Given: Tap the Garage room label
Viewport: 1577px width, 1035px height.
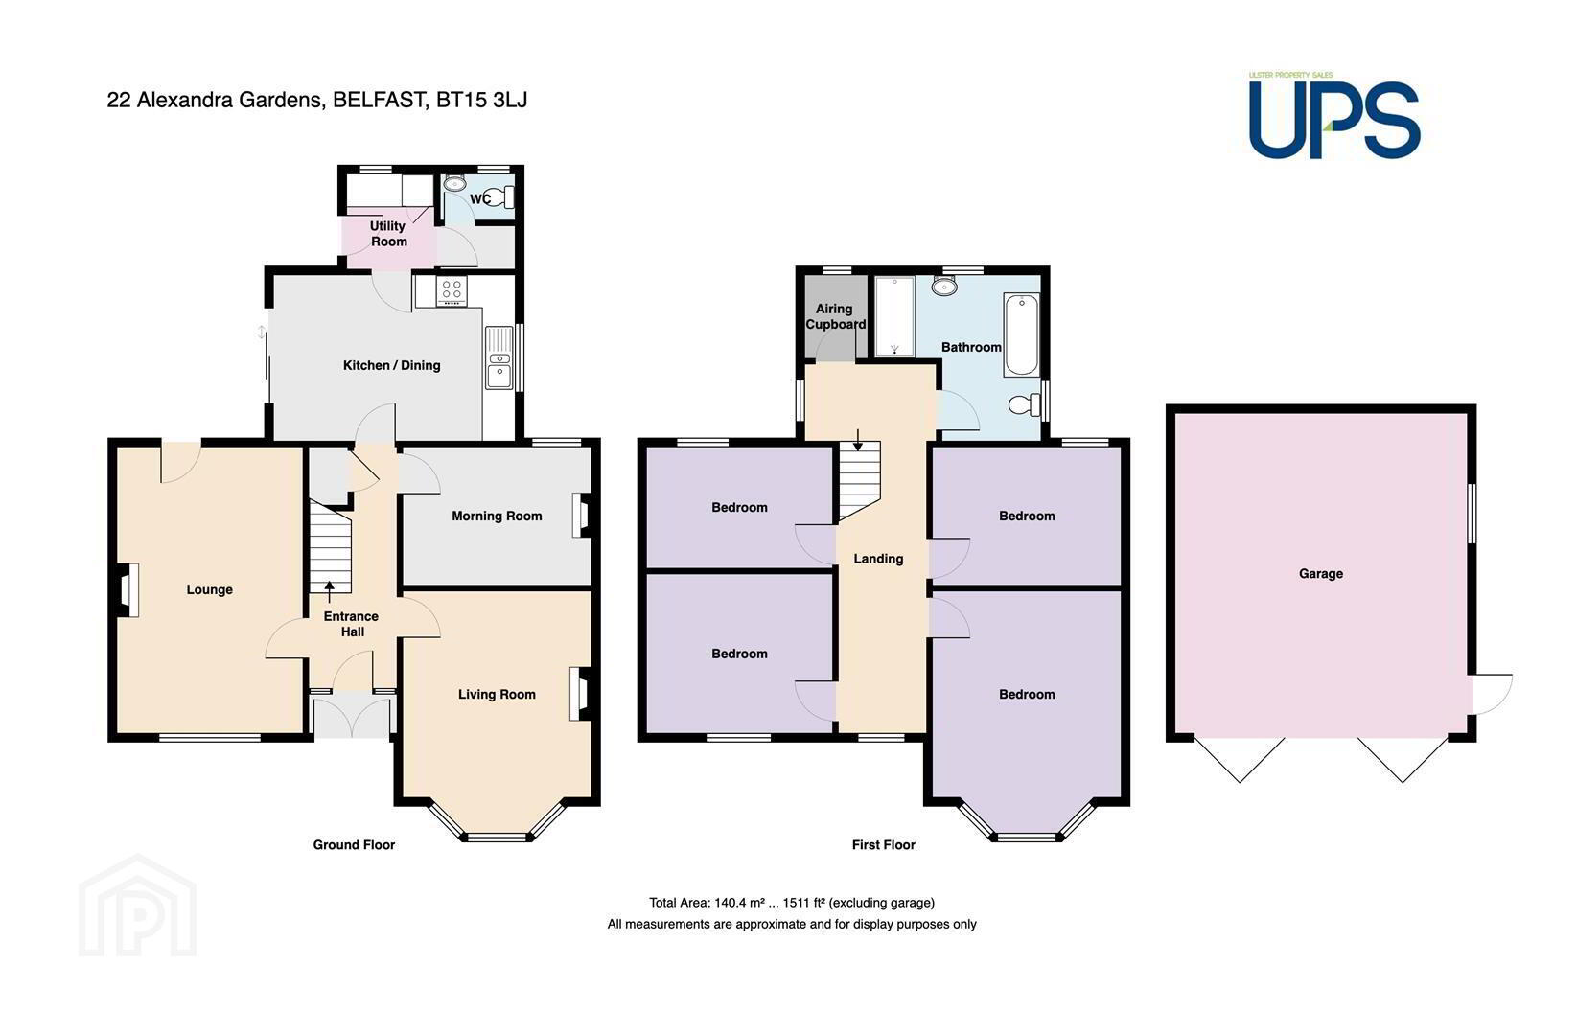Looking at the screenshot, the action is pos(1321,573).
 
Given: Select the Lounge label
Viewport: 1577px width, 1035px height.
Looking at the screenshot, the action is pos(209,589).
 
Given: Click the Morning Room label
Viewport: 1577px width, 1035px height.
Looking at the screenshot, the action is pos(497,516).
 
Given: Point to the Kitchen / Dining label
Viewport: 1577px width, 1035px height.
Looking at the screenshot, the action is pos(391,365).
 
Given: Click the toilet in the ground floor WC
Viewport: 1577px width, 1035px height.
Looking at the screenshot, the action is pos(502,197).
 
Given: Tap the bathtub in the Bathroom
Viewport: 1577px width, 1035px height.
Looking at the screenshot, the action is pos(1022,334).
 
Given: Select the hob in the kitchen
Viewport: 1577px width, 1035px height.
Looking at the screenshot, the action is pos(452,290).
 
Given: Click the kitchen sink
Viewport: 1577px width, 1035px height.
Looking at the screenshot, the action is pos(499,357).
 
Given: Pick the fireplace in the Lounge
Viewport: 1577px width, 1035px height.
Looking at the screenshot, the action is pos(127,590).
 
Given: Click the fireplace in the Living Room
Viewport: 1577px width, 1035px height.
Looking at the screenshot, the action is pos(582,694).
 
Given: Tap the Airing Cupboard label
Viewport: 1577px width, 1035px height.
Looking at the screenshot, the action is pos(835,316).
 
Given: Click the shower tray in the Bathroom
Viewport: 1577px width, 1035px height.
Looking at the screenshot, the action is pos(894,316).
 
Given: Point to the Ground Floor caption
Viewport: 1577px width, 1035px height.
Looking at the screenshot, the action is pos(354,844).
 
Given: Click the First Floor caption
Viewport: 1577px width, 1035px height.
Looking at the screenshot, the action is pos(884,844).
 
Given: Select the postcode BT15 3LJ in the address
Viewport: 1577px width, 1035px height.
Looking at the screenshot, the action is pos(481,100).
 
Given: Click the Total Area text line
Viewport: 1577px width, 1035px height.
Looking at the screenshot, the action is pos(792,903).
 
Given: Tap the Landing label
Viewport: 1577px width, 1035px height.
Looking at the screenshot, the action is pos(878,559).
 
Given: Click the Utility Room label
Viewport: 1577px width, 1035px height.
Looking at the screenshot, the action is pos(388,234).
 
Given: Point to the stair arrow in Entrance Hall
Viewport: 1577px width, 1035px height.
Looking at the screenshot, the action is pos(329,591).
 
